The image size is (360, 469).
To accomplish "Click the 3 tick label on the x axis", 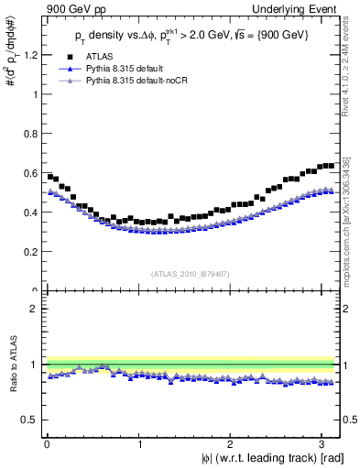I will pyautogui.click(x=325, y=443).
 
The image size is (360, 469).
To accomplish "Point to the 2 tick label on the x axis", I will pyautogui.click(x=233, y=443).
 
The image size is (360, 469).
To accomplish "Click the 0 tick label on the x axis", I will pyautogui.click(x=47, y=443).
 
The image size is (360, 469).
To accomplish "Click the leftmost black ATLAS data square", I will pyautogui.click(x=49, y=176).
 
